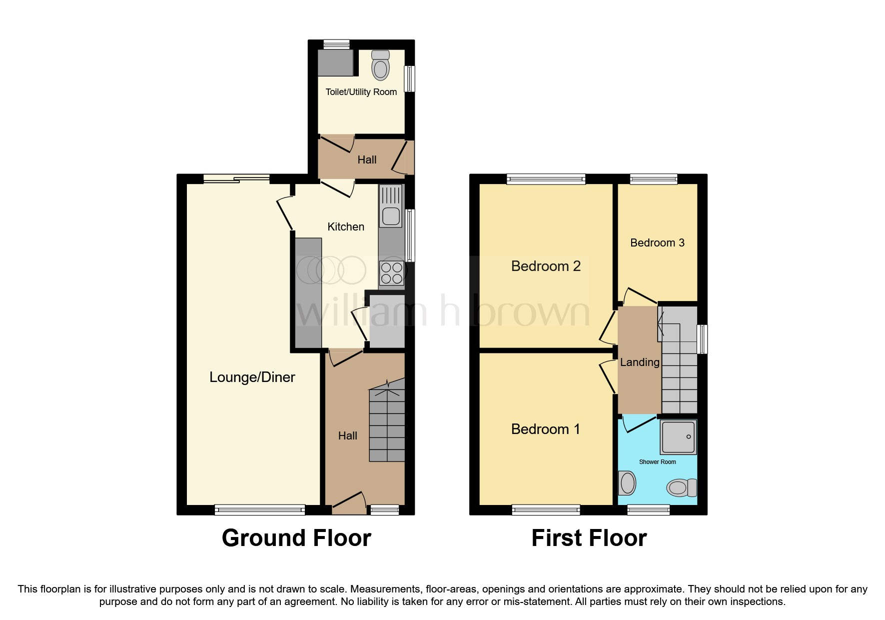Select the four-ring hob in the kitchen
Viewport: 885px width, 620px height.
391,273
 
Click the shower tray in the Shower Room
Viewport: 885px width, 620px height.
678,436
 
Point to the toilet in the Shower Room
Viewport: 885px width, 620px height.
681,487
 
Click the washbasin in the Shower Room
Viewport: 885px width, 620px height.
627,483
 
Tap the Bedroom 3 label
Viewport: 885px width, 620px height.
657,243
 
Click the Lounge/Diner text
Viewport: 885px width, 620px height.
252,377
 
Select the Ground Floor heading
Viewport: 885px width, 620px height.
296,538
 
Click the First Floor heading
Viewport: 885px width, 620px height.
589,538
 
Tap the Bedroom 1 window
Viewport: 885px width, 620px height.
546,509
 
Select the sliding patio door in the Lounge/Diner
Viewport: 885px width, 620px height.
236,178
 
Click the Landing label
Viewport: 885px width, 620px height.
639,362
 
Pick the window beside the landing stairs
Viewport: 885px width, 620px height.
702,339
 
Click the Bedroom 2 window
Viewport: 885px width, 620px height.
546,179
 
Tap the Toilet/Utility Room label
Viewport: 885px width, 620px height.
361,92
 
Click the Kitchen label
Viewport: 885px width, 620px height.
345,227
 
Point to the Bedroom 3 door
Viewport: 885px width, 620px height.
639,295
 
